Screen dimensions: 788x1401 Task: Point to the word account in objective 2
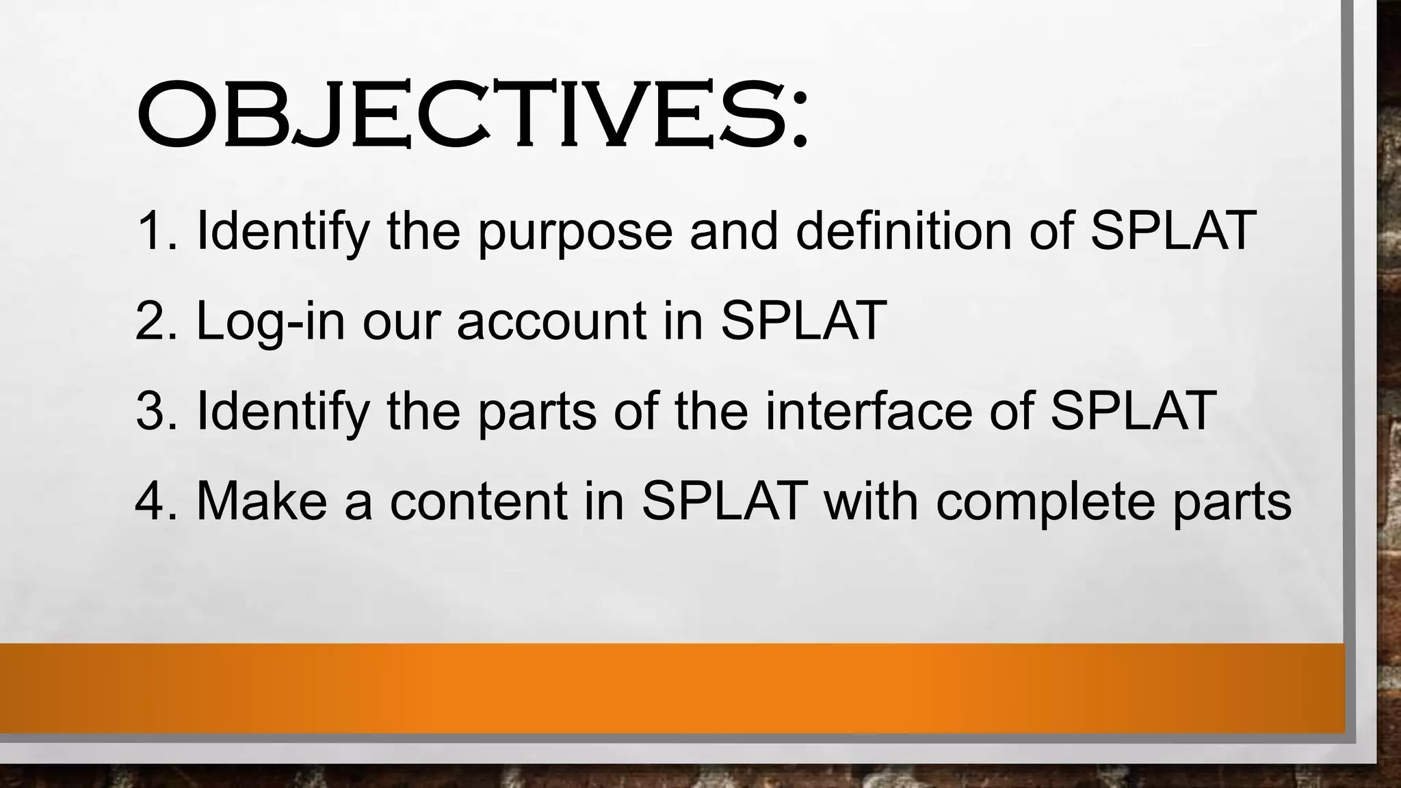coord(551,321)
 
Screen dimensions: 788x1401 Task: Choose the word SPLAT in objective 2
coord(803,321)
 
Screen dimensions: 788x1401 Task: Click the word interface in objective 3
coord(867,411)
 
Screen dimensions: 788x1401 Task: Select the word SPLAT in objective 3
coord(1133,411)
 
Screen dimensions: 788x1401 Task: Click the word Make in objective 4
coord(262,501)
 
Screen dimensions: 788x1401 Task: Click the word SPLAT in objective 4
coord(724,501)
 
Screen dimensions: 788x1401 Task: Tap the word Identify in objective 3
coord(283,412)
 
